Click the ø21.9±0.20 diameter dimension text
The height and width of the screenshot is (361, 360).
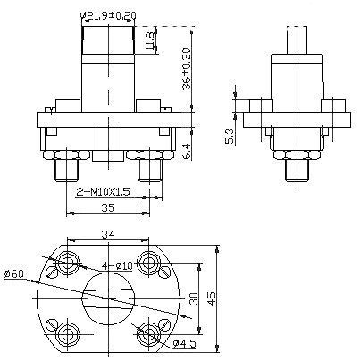(108, 15)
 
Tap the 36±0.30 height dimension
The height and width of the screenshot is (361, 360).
(187, 69)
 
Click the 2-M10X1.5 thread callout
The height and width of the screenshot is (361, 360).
(103, 192)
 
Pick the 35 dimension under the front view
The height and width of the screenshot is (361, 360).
(108, 207)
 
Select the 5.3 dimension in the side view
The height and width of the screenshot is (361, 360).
(230, 136)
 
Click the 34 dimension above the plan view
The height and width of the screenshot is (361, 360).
(108, 235)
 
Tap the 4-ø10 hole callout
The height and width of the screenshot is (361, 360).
(117, 265)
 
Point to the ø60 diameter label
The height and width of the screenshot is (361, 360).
(14, 273)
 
